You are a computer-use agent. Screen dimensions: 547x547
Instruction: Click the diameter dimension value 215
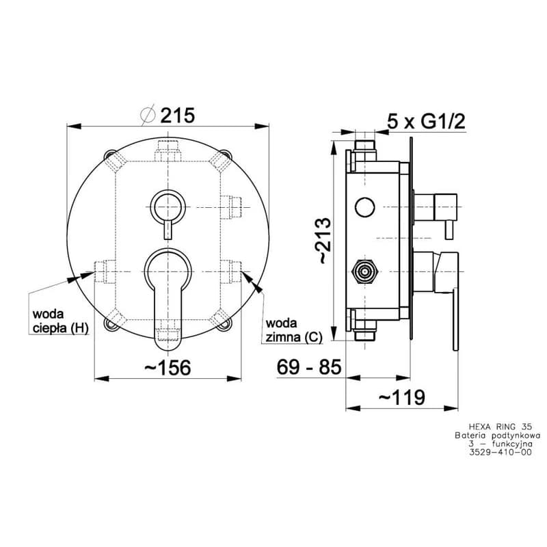(177, 116)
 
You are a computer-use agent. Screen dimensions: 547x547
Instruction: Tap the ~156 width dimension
(168, 368)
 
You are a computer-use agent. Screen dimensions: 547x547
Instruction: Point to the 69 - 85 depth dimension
(309, 367)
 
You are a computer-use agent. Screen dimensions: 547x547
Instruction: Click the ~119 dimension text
(402, 397)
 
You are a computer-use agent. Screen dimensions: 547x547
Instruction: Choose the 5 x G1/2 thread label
(426, 122)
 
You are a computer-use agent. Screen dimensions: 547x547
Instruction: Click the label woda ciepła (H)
(60, 321)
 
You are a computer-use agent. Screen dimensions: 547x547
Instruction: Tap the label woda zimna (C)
(294, 330)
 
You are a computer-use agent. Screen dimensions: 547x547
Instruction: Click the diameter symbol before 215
(148, 115)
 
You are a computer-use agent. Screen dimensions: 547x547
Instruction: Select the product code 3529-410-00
(501, 453)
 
